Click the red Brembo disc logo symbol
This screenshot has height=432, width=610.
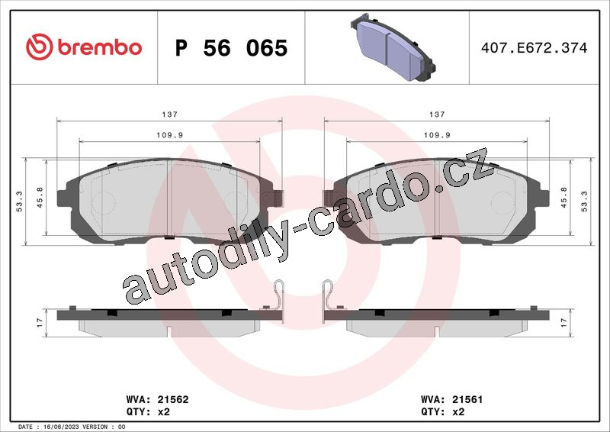click(39, 47)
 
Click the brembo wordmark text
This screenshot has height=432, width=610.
click(100, 47)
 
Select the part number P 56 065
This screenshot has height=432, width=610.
click(232, 48)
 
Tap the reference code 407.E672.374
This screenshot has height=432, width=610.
click(535, 47)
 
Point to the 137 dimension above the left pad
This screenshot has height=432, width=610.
click(169, 114)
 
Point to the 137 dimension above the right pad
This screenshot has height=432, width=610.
click(437, 114)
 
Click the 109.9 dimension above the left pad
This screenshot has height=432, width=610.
click(169, 135)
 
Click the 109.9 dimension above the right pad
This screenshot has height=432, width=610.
click(437, 135)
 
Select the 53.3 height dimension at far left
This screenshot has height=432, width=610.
click(19, 201)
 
